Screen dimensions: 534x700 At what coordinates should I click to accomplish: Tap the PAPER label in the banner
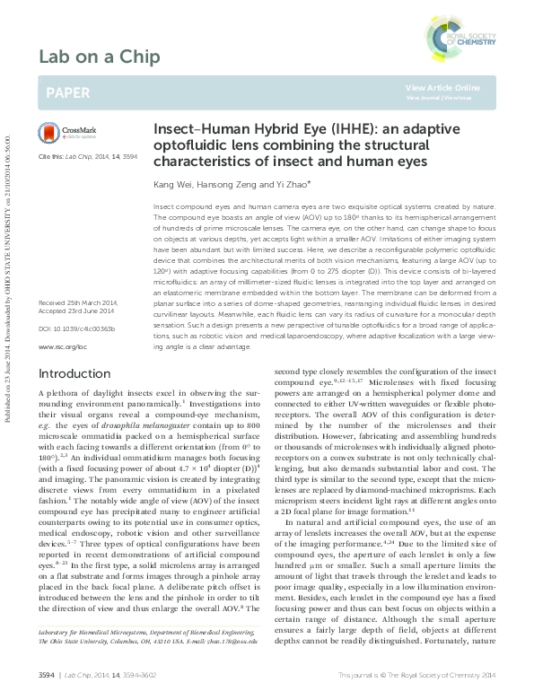[67, 92]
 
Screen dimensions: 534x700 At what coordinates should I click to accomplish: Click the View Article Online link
[442, 87]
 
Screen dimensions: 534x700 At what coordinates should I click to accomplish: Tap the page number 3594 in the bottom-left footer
[47, 675]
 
